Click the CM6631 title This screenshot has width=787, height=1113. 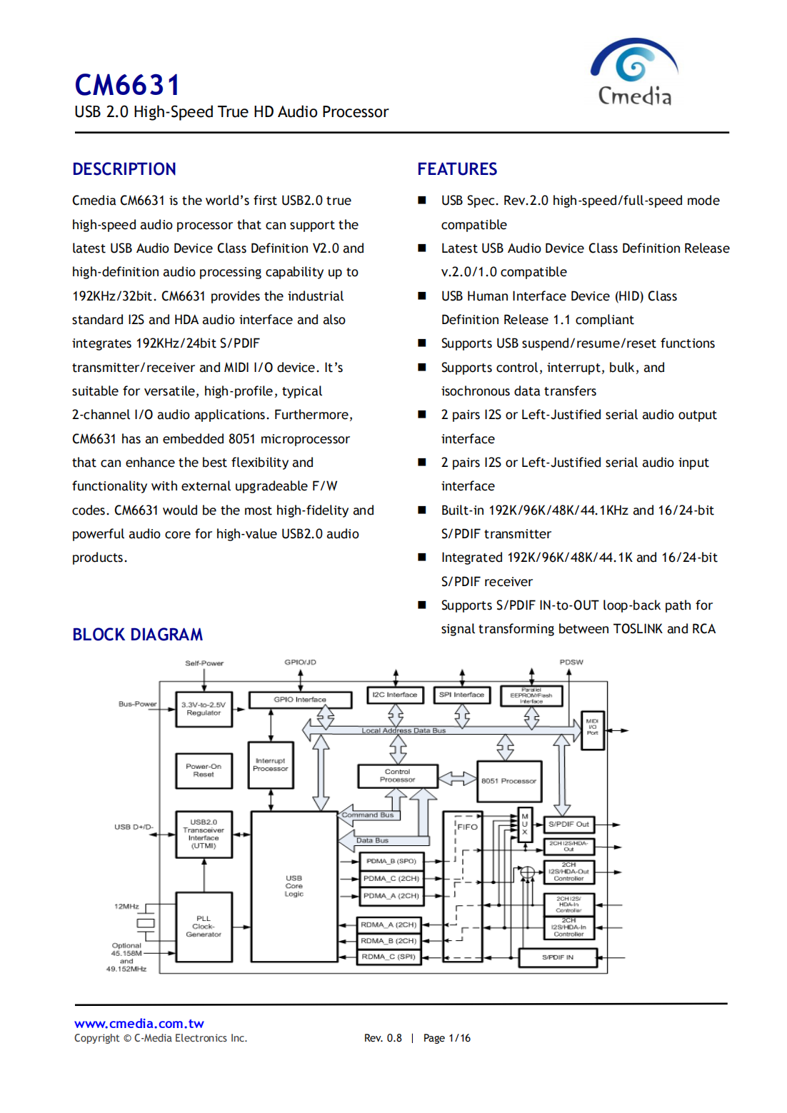click(x=127, y=86)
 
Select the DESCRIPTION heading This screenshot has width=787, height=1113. click(x=124, y=169)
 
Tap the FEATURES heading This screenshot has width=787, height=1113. click(x=457, y=169)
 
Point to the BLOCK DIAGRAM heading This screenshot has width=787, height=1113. click(x=137, y=635)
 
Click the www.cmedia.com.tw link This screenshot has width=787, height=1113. click(x=139, y=1024)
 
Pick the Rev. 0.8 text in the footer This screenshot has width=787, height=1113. click(x=383, y=1038)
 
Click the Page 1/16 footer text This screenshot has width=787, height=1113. click(x=447, y=1038)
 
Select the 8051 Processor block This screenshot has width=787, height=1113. click(x=508, y=781)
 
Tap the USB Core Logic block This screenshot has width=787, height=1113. click(x=294, y=886)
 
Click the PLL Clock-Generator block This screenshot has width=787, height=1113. click(x=204, y=927)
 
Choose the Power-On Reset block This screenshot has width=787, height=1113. click(x=204, y=770)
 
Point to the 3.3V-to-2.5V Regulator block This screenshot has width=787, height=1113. click(x=204, y=709)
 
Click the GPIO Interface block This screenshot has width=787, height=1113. click(x=300, y=700)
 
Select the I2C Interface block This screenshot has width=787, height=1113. click(x=395, y=695)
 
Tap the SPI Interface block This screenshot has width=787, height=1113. click(x=461, y=695)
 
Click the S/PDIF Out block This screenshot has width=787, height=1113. click(x=568, y=825)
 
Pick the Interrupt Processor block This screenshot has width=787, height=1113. click(x=271, y=765)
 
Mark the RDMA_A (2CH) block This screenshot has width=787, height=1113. click(x=389, y=925)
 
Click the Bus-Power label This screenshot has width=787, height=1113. click(x=137, y=704)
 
